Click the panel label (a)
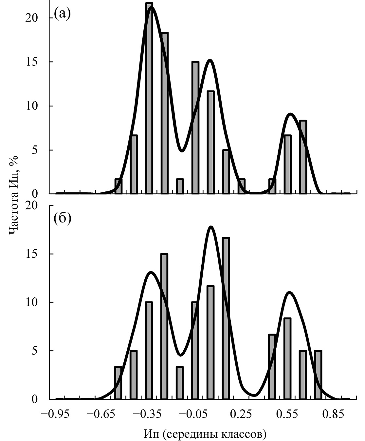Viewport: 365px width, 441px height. tap(62, 14)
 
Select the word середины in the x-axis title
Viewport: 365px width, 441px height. tap(192, 434)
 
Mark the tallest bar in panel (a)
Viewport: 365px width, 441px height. tap(149, 98)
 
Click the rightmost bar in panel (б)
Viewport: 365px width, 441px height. tap(318, 375)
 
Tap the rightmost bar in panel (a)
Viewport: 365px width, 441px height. tap(303, 157)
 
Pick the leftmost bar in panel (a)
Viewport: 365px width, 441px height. tap(119, 186)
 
